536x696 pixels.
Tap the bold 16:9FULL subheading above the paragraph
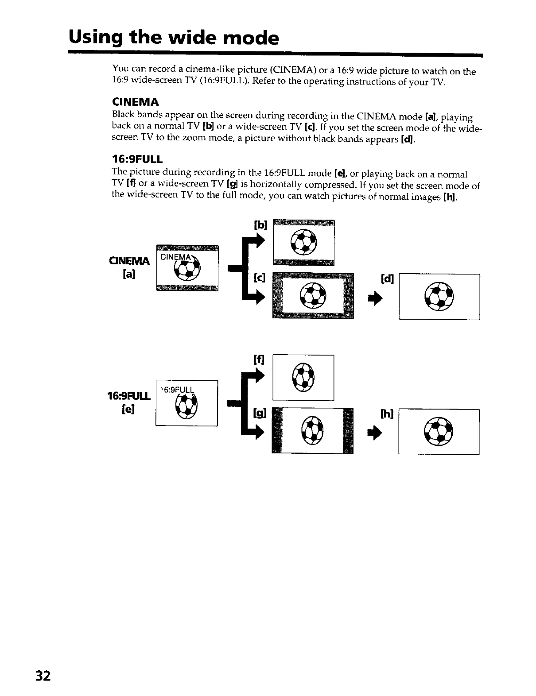pos(137,159)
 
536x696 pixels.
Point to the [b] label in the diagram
pos(260,225)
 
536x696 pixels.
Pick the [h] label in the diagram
pos(386,414)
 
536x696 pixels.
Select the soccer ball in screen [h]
pos(439,431)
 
